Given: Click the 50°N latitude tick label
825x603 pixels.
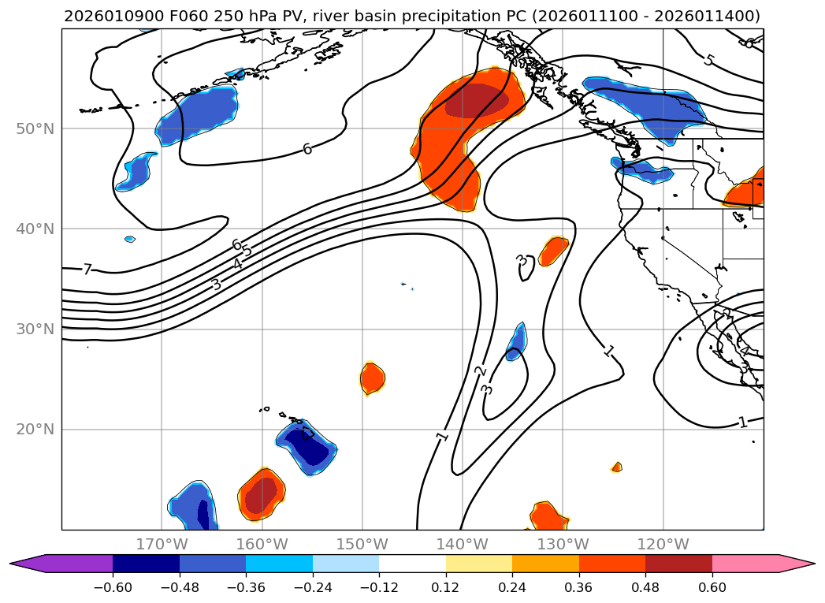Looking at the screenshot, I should (35, 128).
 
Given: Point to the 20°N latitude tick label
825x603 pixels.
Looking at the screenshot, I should (35, 430).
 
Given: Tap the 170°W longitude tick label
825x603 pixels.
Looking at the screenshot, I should (162, 545).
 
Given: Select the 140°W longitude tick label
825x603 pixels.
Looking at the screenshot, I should (462, 545).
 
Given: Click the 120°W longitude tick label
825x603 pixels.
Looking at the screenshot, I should (663, 545).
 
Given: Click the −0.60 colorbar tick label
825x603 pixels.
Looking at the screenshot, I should (112, 587).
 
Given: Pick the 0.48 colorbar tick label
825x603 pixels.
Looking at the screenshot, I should (645, 587).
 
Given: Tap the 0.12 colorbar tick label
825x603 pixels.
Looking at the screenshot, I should (445, 587).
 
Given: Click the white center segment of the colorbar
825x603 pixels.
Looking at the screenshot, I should (412, 564).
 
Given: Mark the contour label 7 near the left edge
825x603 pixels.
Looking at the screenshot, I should (87, 270).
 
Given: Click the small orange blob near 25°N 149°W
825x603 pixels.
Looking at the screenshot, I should (372, 378).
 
